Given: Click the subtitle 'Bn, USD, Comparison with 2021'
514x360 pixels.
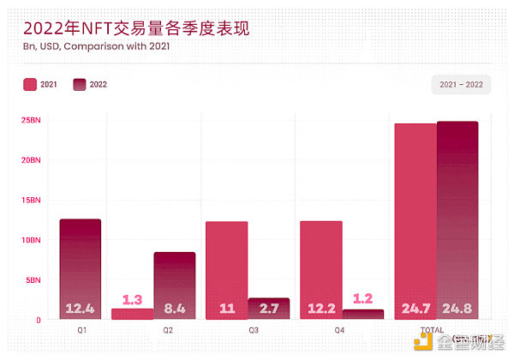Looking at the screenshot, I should (96, 46).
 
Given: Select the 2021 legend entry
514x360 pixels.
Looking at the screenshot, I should (42, 84).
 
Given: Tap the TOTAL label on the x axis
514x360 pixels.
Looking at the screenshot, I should (432, 330).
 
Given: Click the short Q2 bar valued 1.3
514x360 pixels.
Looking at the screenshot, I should (132, 314).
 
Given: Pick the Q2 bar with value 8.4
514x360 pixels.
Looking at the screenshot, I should (175, 283).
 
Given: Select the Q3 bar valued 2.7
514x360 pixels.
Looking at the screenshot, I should (269, 309).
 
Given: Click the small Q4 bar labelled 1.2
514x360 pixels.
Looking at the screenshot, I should (363, 315).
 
